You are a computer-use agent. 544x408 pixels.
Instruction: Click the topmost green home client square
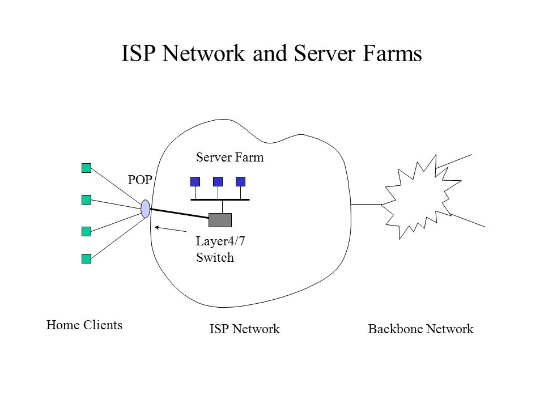click(86, 168)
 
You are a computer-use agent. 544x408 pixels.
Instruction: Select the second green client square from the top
click(86, 199)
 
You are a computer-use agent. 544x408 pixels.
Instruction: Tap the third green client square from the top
click(86, 231)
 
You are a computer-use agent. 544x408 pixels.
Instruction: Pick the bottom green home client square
click(86, 258)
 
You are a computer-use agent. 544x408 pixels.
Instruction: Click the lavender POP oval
click(146, 209)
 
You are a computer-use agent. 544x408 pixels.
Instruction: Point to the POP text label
click(140, 180)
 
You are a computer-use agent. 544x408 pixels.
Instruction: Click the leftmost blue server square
click(195, 181)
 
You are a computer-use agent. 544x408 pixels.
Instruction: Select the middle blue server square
click(218, 181)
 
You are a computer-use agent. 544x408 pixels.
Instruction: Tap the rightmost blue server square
click(240, 181)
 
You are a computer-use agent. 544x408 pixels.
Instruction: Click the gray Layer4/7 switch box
click(220, 220)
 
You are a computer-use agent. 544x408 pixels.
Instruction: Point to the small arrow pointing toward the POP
click(171, 229)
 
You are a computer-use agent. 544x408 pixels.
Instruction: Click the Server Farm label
click(229, 158)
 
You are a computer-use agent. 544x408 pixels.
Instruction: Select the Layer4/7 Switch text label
click(220, 249)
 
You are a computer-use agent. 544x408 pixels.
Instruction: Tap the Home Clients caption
click(84, 325)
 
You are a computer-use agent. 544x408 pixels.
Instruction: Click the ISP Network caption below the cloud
click(245, 329)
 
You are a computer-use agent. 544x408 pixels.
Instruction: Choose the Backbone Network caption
click(421, 329)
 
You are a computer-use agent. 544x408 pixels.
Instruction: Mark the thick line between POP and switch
click(180, 214)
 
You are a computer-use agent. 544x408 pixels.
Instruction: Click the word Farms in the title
click(392, 53)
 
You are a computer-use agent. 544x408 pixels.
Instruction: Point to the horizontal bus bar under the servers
click(220, 200)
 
